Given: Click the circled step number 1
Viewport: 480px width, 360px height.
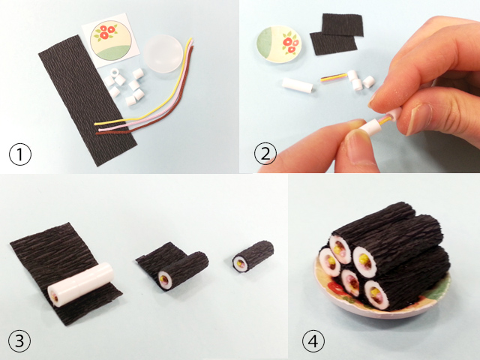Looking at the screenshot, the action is coord(20,154).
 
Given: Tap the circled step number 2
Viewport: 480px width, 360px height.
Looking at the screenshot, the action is coord(265,153).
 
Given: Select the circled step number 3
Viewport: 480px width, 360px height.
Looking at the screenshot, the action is coord(19,340).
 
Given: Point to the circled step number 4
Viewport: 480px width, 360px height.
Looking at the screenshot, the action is coord(313,340).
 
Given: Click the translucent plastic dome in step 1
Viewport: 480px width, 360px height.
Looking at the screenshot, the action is coord(163,54).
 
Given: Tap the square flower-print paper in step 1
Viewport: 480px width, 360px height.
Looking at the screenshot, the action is coord(111,40).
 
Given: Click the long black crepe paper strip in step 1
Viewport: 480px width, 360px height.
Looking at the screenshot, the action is coord(88,100).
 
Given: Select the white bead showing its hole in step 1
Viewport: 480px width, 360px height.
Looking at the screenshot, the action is coord(115,73).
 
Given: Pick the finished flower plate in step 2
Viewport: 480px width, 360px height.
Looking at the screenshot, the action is coord(279,44).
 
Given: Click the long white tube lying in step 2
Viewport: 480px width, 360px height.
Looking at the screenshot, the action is coord(298,85).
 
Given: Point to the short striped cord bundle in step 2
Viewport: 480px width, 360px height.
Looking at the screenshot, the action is coord(334,78).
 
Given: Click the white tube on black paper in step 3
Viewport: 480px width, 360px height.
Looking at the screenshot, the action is coord(80,283).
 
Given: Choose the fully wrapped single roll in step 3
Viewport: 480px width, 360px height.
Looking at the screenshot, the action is coord(253,256).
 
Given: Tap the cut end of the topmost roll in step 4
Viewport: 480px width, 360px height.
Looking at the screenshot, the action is coord(340,250).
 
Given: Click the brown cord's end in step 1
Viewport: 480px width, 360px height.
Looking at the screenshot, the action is coord(97,133).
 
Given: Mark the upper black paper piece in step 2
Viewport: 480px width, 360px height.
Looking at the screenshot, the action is coord(343,25).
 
